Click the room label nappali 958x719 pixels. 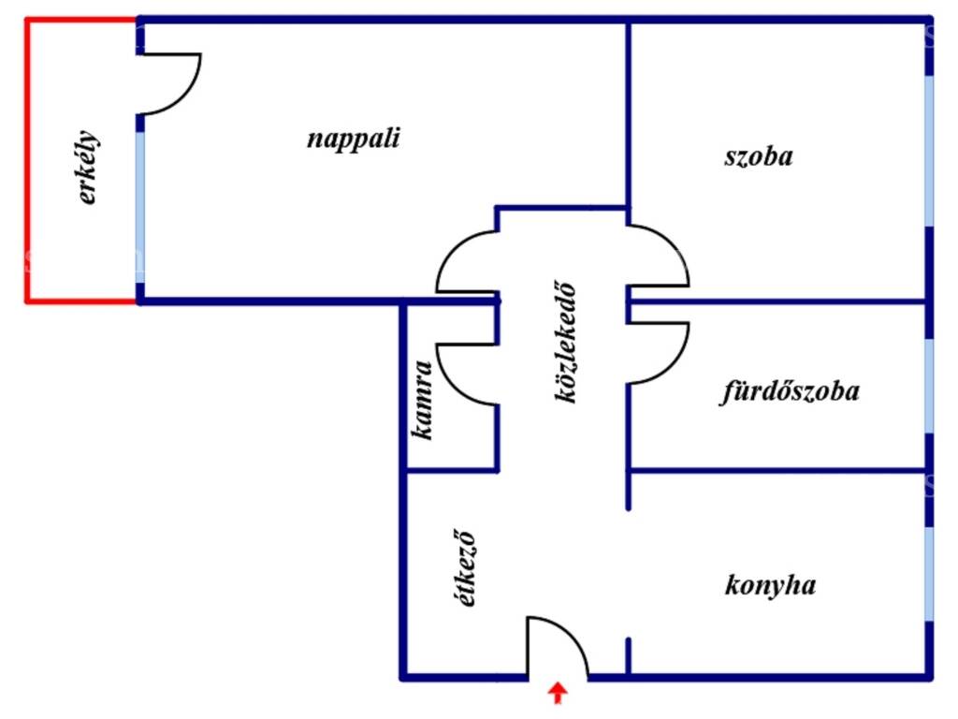coord(353,139)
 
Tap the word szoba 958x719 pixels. coord(759,156)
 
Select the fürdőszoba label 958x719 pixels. coord(790,391)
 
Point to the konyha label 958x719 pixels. coord(770,586)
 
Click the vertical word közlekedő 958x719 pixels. coord(566,342)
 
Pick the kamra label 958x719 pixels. coord(423,400)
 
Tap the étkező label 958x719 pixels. coord(466,568)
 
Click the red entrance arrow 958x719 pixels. coord(558,694)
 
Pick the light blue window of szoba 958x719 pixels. coord(929,151)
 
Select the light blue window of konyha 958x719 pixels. coord(929,574)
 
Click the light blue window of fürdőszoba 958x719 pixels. coord(929,386)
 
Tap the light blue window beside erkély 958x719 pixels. coord(140,207)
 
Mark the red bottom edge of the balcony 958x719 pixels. coord(81,301)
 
